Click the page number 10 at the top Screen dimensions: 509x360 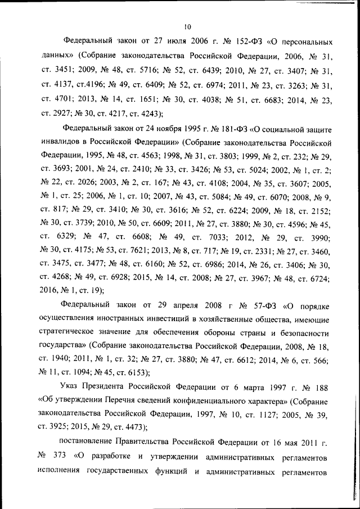[x=188, y=26]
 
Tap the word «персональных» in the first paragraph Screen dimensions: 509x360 [x=297, y=42]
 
